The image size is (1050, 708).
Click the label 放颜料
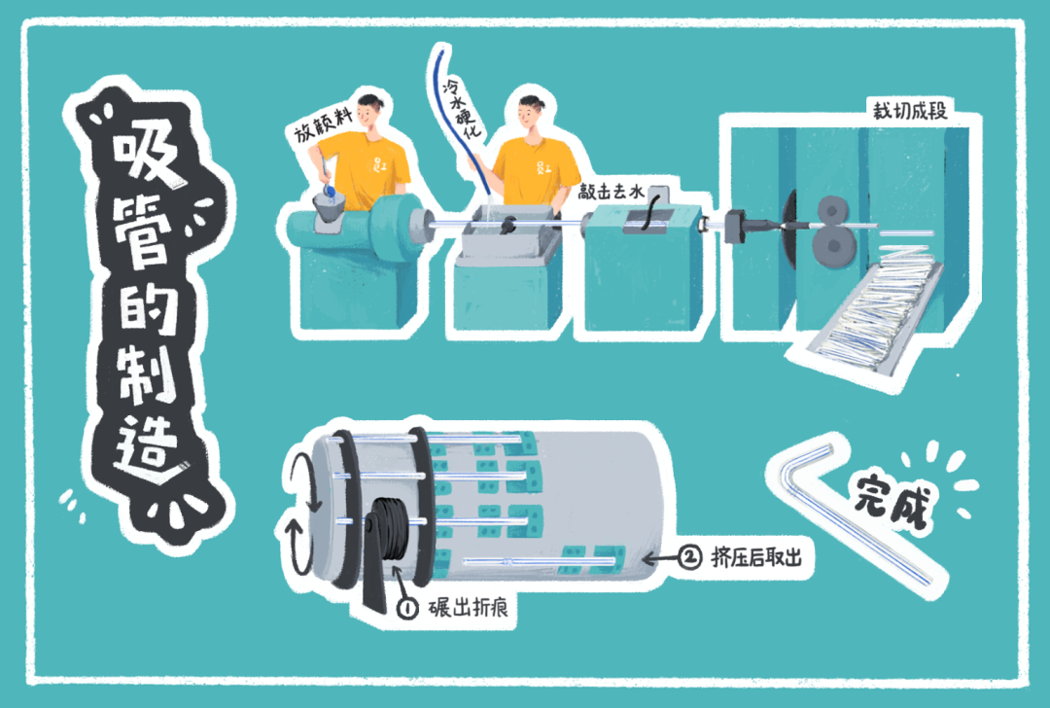tap(324, 124)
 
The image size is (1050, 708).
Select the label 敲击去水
tap(611, 192)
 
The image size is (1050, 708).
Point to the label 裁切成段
tap(909, 110)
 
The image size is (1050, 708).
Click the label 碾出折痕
tap(468, 608)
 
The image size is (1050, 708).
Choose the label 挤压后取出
tap(756, 556)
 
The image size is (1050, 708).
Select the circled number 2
tap(689, 556)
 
